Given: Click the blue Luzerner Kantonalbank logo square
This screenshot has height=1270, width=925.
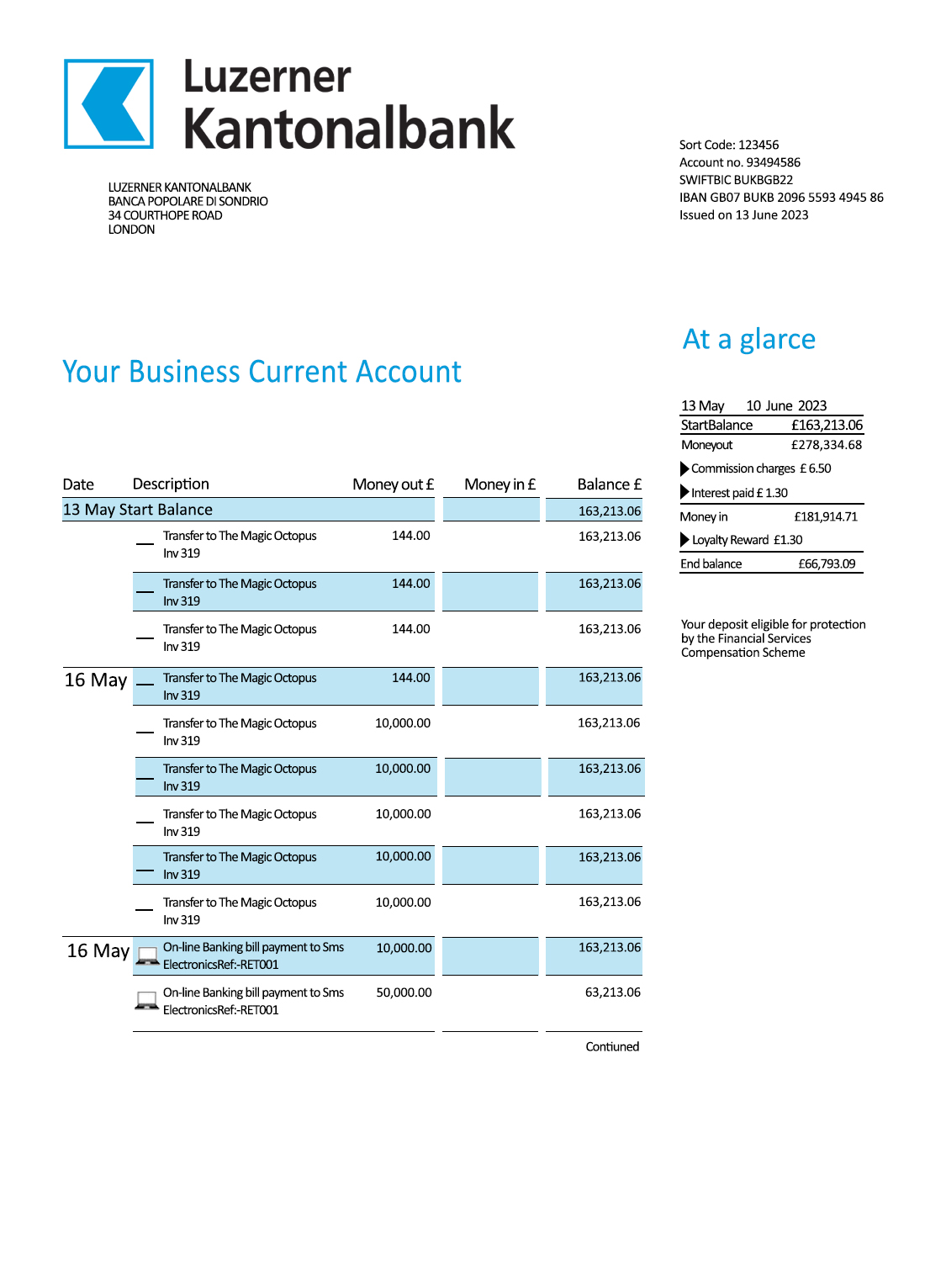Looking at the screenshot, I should [108, 104].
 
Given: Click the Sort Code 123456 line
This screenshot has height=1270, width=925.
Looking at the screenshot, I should [728, 145].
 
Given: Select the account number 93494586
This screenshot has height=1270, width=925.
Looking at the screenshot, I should [773, 162].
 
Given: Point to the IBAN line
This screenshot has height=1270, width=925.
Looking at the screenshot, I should [780, 198].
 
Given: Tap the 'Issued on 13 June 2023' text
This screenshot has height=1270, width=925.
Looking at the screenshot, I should [743, 215].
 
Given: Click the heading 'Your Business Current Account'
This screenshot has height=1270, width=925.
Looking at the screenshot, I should [262, 372].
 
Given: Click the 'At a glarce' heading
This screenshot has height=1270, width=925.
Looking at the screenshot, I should [748, 339].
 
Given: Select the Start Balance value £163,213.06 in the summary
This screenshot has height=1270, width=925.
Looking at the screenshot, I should [827, 426].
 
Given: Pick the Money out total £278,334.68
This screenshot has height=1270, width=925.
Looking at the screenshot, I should [826, 445].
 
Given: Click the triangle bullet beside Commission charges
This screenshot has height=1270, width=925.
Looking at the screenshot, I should [684, 468].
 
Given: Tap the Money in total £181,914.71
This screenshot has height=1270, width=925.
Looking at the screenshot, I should [825, 516].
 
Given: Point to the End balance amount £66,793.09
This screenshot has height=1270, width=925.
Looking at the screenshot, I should [826, 564].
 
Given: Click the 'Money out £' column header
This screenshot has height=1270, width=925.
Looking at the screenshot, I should [393, 484].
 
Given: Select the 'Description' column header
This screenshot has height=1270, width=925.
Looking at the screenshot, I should [171, 484].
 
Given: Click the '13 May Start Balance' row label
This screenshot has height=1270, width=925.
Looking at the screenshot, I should [138, 510].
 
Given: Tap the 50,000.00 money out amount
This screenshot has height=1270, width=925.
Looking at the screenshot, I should [404, 992].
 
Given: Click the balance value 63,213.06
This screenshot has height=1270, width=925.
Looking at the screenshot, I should [612, 992].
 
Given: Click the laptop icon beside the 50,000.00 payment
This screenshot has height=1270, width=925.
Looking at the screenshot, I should [147, 1001].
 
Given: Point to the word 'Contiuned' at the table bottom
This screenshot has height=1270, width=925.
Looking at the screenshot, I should [612, 1047].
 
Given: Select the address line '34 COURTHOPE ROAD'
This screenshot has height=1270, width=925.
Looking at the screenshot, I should [165, 215].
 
